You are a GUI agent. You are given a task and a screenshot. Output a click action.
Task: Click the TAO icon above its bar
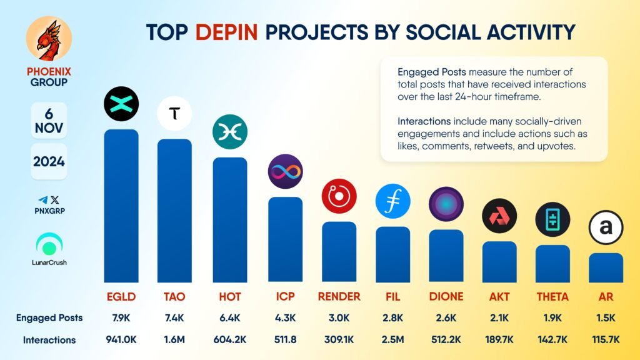(174, 113)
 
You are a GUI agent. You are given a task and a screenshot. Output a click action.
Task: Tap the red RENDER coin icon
(339, 196)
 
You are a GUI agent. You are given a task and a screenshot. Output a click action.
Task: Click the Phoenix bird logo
(49, 41)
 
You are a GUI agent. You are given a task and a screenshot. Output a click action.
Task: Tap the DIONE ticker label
(446, 296)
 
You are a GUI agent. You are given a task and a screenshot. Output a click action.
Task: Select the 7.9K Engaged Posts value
(122, 317)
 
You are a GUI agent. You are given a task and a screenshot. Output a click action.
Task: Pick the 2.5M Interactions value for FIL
(392, 340)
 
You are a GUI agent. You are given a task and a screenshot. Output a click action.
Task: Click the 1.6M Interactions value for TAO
(175, 340)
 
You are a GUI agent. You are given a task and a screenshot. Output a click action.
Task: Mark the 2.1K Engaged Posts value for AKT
(499, 317)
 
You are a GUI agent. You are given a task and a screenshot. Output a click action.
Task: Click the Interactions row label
(49, 340)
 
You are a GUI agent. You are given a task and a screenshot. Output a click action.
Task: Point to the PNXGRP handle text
(49, 211)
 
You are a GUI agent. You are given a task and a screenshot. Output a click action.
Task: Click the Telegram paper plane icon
(42, 200)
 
